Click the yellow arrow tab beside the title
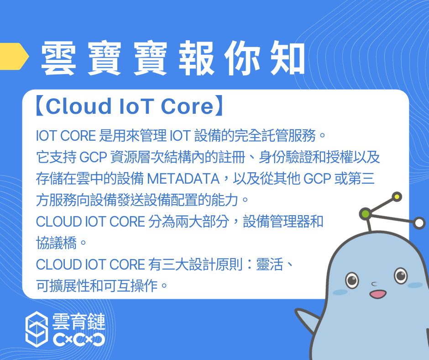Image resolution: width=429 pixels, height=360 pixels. pyautogui.click(x=14, y=57)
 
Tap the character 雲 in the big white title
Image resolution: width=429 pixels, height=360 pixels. pyautogui.click(x=58, y=58)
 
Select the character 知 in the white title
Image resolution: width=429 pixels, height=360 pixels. pyautogui.click(x=287, y=58)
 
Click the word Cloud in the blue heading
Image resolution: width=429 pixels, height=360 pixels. pyautogui.click(x=78, y=106)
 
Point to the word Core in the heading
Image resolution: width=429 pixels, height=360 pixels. pyautogui.click(x=187, y=106)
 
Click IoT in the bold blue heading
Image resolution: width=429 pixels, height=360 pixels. pyautogui.click(x=136, y=106)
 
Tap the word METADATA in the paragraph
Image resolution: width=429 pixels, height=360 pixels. pyautogui.click(x=183, y=179)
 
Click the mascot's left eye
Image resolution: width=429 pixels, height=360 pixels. pyautogui.click(x=352, y=280)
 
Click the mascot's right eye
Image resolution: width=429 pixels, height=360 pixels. pyautogui.click(x=401, y=275)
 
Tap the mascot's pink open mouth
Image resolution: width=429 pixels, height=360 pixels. pyautogui.click(x=378, y=294)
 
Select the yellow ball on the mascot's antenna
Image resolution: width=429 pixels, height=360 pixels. pyautogui.click(x=397, y=197)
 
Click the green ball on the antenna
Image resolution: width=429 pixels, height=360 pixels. pyautogui.click(x=365, y=214)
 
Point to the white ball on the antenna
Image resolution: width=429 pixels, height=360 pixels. pyautogui.click(x=419, y=223)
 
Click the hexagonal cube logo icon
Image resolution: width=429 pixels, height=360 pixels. pyautogui.click(x=37, y=329)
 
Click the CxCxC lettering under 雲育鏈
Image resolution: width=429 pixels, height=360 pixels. pyautogui.click(x=79, y=339)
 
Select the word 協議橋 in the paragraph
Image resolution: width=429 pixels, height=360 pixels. pyautogui.click(x=56, y=243)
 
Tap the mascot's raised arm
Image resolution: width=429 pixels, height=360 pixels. pyautogui.click(x=308, y=319)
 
